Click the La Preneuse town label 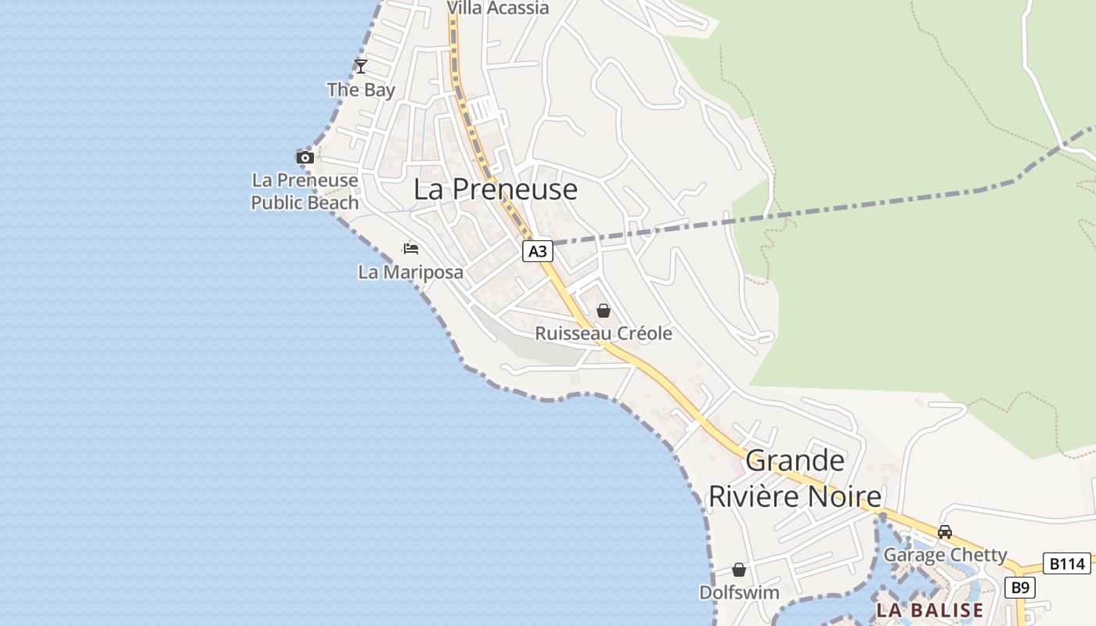tap(496, 189)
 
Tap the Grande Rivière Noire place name tap(795, 478)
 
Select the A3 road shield tap(538, 251)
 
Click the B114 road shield tap(1066, 563)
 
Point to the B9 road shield tap(1018, 588)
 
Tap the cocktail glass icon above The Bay tap(360, 66)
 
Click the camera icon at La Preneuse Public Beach tap(305, 157)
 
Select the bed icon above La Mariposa tap(411, 249)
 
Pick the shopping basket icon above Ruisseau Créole tap(603, 311)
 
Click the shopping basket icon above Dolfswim tap(739, 570)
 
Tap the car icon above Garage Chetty tap(945, 532)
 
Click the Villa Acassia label tap(498, 8)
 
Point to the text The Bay tap(361, 89)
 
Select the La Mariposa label tap(410, 272)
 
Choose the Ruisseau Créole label tap(603, 333)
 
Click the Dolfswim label tap(739, 592)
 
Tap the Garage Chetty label tap(945, 555)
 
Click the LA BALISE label tap(929, 610)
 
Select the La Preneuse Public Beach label tap(305, 192)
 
